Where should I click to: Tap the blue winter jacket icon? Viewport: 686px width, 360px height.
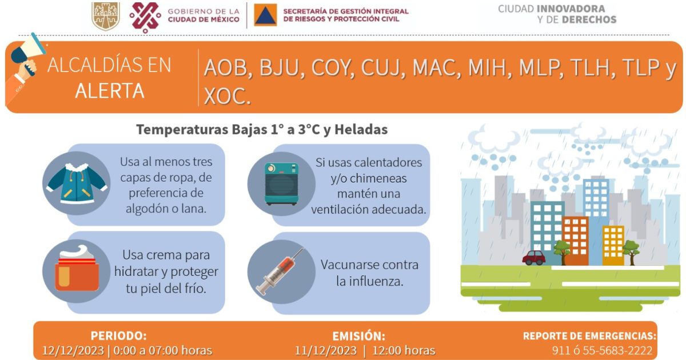pyautogui.click(x=77, y=183)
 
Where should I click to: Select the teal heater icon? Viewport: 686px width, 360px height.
pyautogui.click(x=281, y=183)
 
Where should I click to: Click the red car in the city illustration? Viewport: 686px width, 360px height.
pyautogui.click(x=534, y=258)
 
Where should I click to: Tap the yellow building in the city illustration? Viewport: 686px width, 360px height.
pyautogui.click(x=613, y=246)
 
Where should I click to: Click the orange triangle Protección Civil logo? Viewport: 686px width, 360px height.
pyautogui.click(x=265, y=15)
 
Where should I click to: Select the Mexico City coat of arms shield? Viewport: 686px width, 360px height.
pyautogui.click(x=106, y=16)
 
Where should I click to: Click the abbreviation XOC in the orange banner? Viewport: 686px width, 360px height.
pyautogui.click(x=227, y=96)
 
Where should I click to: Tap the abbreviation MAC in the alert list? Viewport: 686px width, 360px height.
pyautogui.click(x=436, y=67)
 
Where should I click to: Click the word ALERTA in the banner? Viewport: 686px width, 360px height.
pyautogui.click(x=110, y=91)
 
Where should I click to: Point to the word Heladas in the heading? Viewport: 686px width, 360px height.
pyautogui.click(x=361, y=130)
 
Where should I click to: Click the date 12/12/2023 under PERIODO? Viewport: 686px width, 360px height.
pyautogui.click(x=73, y=350)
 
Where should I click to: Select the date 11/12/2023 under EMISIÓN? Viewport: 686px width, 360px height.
pyautogui.click(x=325, y=350)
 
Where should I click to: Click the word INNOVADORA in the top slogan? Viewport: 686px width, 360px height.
pyautogui.click(x=571, y=9)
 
